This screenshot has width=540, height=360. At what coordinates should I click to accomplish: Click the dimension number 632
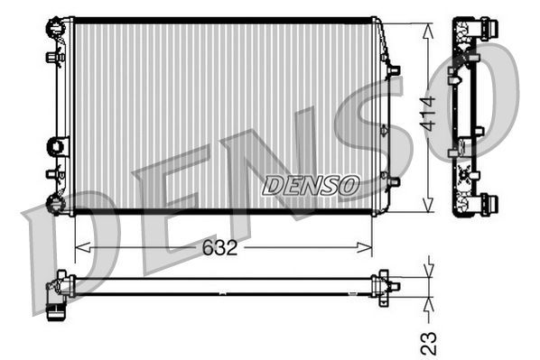[219, 247]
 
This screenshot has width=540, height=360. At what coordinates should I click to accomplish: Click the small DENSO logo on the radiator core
[311, 185]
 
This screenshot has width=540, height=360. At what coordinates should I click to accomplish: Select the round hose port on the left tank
[58, 144]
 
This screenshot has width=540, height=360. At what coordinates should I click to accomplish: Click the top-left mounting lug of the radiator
[57, 25]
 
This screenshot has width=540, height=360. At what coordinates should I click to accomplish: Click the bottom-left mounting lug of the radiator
[57, 203]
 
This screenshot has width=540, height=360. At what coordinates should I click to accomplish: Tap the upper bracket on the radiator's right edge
[391, 69]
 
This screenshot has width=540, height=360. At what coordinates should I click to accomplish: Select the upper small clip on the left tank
[51, 57]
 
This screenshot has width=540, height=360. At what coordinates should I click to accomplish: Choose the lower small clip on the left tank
[51, 174]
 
